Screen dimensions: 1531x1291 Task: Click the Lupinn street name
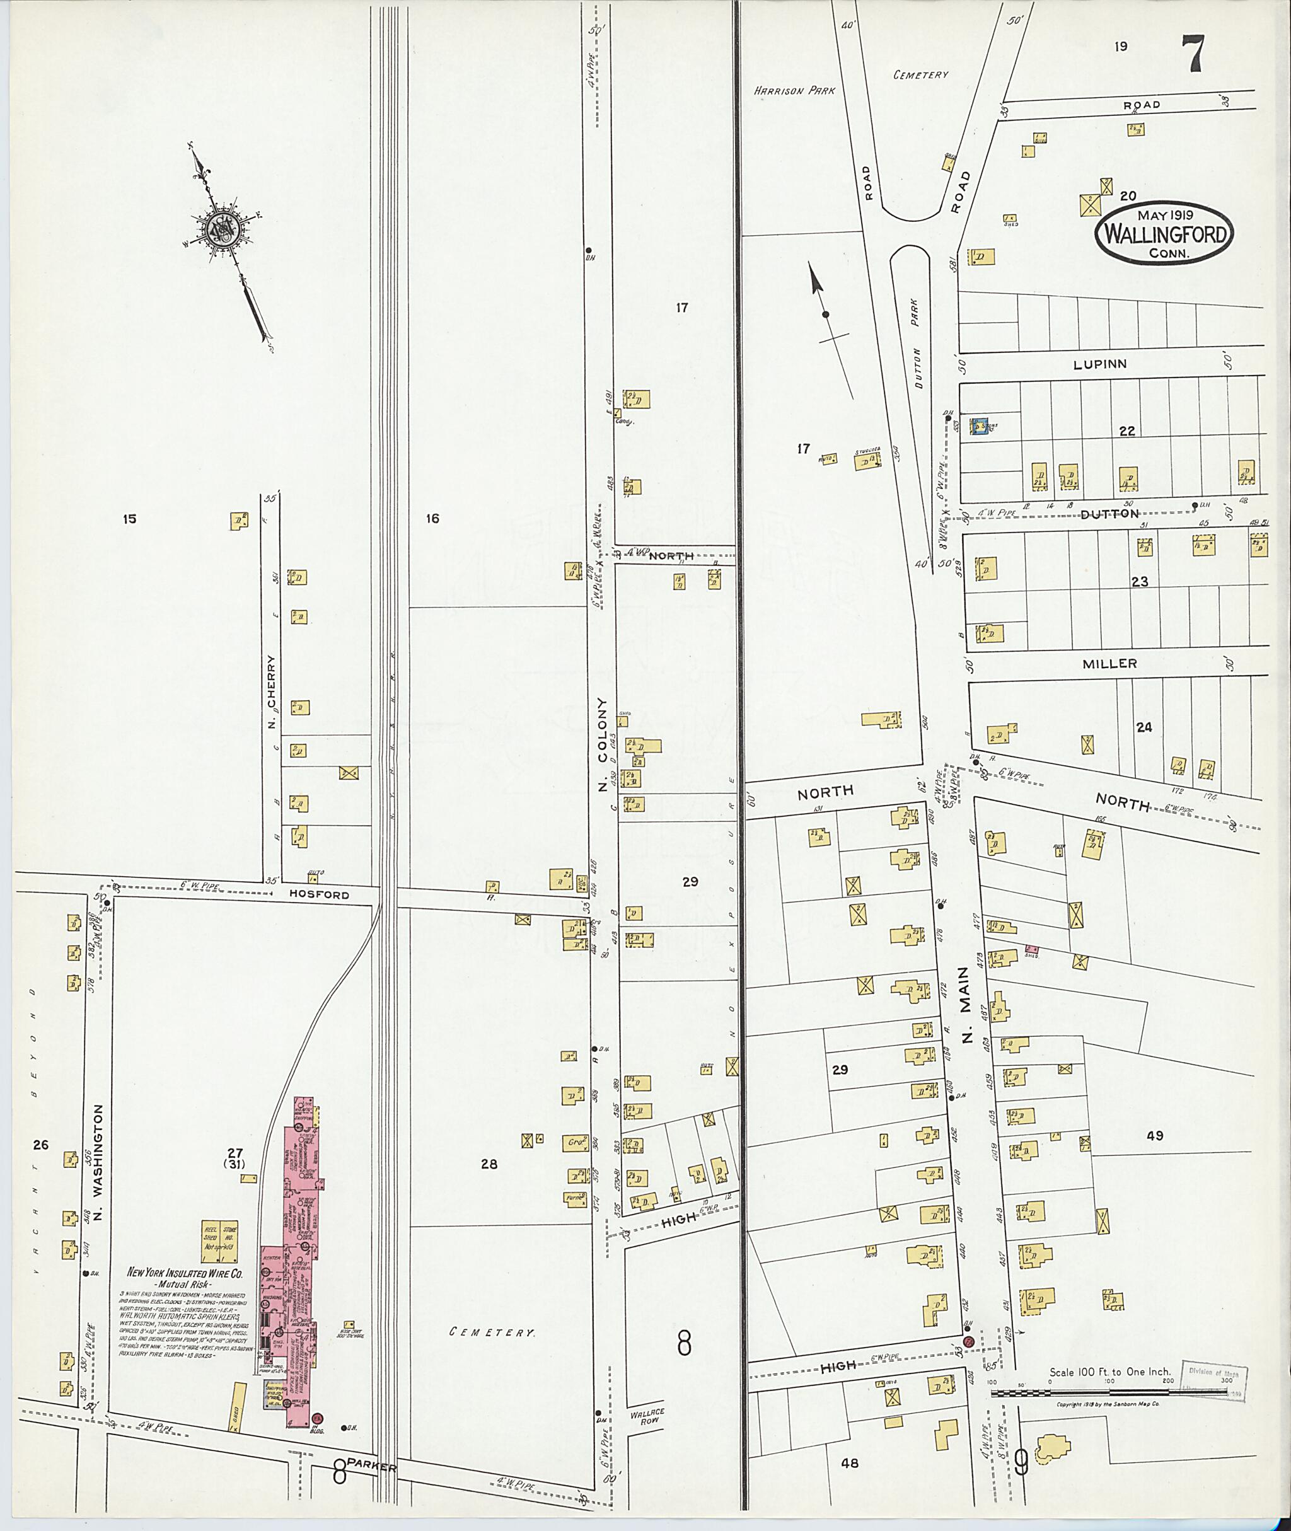(x=1100, y=364)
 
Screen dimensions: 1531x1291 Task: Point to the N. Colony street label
(x=603, y=744)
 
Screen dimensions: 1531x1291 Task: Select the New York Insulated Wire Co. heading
(x=185, y=1273)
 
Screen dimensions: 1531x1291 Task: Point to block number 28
(x=489, y=1164)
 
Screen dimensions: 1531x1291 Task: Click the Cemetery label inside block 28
(x=492, y=1332)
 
